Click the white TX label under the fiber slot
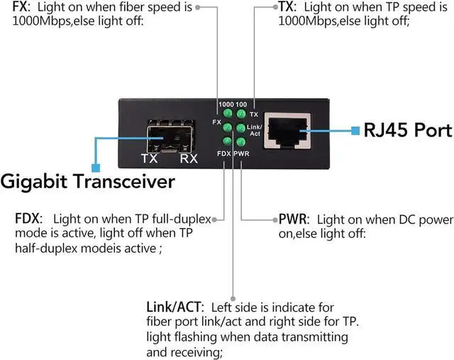pyautogui.click(x=150, y=158)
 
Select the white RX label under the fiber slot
pyautogui.click(x=189, y=158)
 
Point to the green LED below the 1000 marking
pyautogui.click(x=228, y=114)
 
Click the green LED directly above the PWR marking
pyautogui.click(x=241, y=141)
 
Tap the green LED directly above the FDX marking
pyautogui.click(x=228, y=141)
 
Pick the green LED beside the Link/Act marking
pyautogui.click(x=241, y=128)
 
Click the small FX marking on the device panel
pyautogui.click(x=216, y=122)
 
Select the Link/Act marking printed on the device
pyautogui.click(x=254, y=130)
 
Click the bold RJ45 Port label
pyautogui.click(x=407, y=131)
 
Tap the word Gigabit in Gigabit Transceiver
pyautogui.click(x=40, y=182)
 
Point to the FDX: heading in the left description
pyautogui.click(x=28, y=218)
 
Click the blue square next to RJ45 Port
pyautogui.click(x=357, y=131)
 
